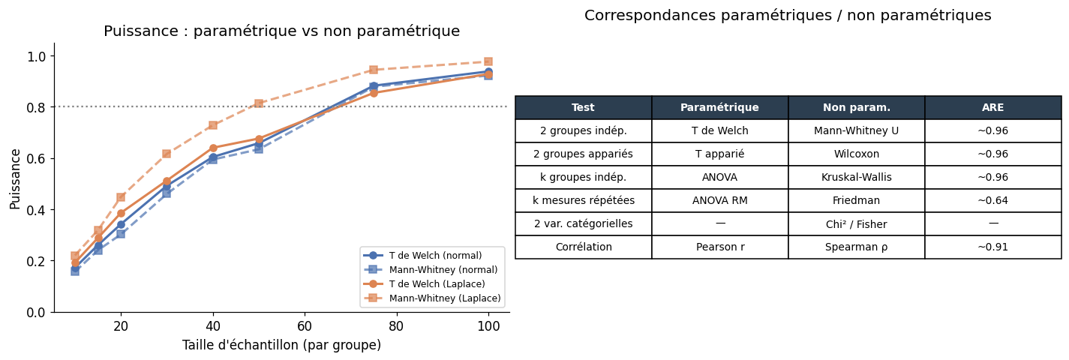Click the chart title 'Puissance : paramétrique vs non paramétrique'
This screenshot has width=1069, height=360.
[x=281, y=31]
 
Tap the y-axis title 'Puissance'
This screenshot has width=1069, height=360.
[x=16, y=178]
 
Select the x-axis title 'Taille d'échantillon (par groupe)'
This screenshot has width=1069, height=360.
[x=281, y=346]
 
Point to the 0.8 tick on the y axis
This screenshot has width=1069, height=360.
[x=37, y=107]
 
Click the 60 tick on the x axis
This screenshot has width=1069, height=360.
[x=305, y=327]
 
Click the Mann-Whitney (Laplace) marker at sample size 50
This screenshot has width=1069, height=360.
[x=259, y=103]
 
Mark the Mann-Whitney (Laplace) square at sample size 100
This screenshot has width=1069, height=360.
[x=488, y=61]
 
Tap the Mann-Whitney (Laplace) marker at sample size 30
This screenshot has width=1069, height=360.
[x=167, y=154]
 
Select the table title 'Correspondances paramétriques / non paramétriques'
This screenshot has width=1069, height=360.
[x=788, y=16]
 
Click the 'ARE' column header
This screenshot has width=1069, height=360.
[x=992, y=108]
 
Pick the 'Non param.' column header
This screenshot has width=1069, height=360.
[x=856, y=108]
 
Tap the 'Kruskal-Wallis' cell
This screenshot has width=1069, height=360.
[x=856, y=178]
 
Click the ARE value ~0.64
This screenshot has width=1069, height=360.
[x=992, y=201]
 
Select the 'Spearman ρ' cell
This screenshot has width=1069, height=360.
[x=856, y=247]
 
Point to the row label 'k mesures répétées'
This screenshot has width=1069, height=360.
[x=584, y=201]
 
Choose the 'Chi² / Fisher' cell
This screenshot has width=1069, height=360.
[x=856, y=224]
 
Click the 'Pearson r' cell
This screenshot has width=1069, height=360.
[x=720, y=247]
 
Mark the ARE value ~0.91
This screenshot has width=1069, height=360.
[x=992, y=247]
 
